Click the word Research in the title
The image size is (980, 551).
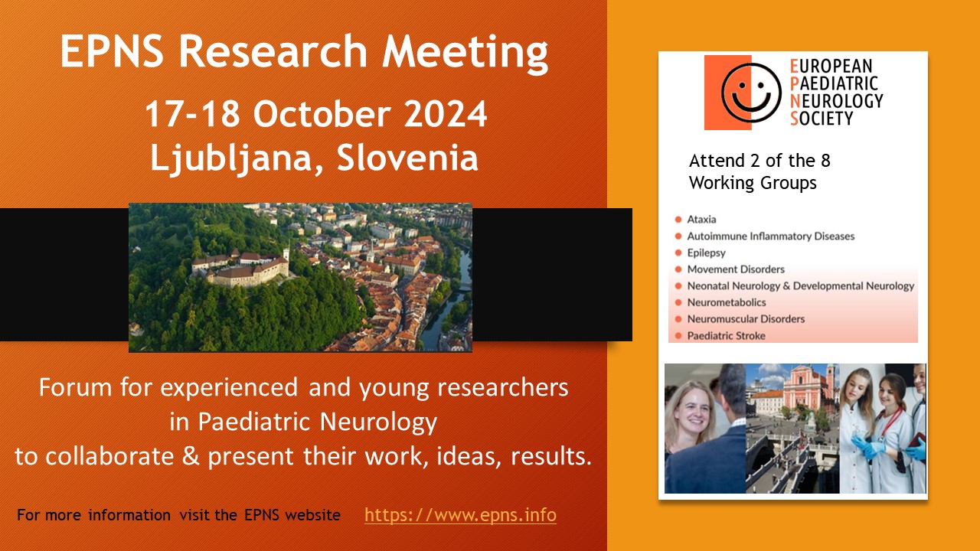tap(273, 53)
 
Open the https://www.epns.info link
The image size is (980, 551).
tap(460, 515)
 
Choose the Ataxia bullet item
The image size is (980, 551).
tap(701, 220)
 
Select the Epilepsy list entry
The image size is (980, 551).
tap(706, 253)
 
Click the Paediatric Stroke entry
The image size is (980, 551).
tap(726, 336)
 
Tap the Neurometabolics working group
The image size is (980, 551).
tap(726, 302)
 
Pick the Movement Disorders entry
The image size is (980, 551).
tap(735, 269)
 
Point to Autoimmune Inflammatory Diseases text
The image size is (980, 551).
tap(770, 236)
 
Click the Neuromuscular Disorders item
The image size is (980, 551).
tap(746, 319)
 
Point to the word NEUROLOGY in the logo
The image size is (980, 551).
tap(841, 100)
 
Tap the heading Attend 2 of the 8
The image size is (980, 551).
tap(759, 161)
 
